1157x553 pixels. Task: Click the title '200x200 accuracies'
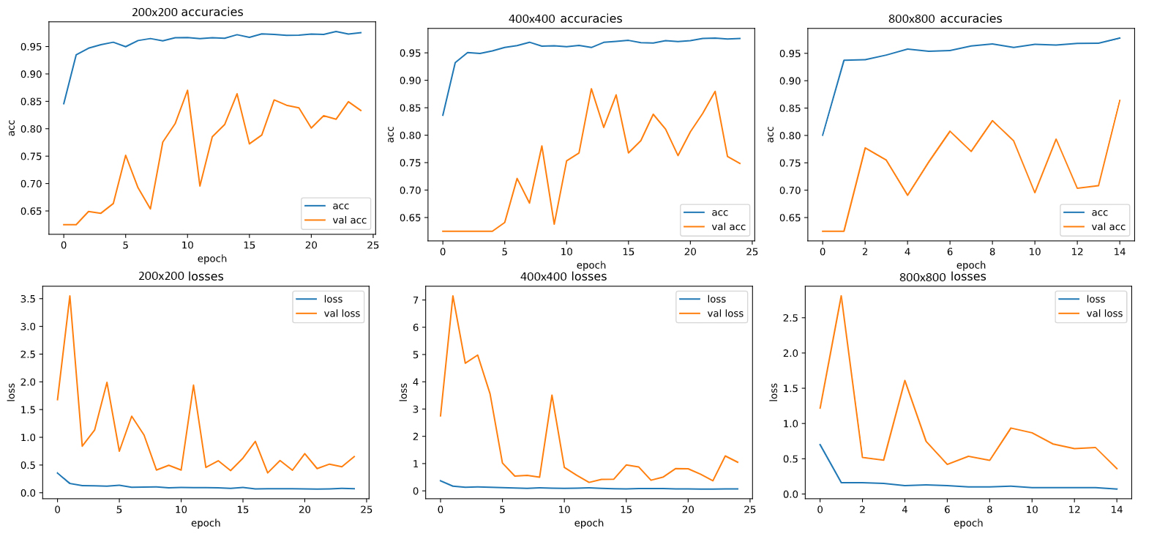tap(187, 12)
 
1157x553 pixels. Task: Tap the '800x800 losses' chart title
tap(943, 277)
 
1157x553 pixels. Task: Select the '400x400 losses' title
tap(563, 277)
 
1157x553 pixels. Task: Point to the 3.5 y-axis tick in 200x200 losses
tap(28, 299)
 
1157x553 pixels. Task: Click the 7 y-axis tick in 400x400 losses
tap(416, 300)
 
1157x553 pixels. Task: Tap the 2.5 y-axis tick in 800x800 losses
tap(790, 318)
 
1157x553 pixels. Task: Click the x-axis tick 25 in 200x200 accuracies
tap(373, 245)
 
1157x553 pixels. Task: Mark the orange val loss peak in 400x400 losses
tap(453, 296)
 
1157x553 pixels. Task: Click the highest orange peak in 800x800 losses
tap(842, 296)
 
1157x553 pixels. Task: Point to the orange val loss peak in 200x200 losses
tap(70, 296)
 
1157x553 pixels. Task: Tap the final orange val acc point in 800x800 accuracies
tap(1120, 100)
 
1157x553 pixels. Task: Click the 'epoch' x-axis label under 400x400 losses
tap(589, 523)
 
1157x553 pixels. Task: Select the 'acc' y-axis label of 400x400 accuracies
tap(391, 134)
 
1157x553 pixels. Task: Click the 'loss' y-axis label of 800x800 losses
tap(774, 392)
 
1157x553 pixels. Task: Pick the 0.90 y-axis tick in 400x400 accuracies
tap(410, 81)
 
